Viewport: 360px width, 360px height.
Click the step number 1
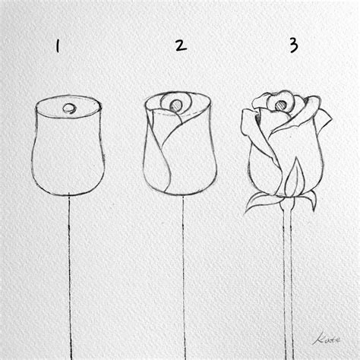58,47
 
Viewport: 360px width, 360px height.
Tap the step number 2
180,46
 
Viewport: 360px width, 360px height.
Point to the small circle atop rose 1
69,109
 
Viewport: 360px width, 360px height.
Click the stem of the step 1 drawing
71,273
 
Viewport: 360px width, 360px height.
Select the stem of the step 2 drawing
182,273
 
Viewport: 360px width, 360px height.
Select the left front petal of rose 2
156,152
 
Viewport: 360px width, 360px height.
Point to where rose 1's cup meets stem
70,195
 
